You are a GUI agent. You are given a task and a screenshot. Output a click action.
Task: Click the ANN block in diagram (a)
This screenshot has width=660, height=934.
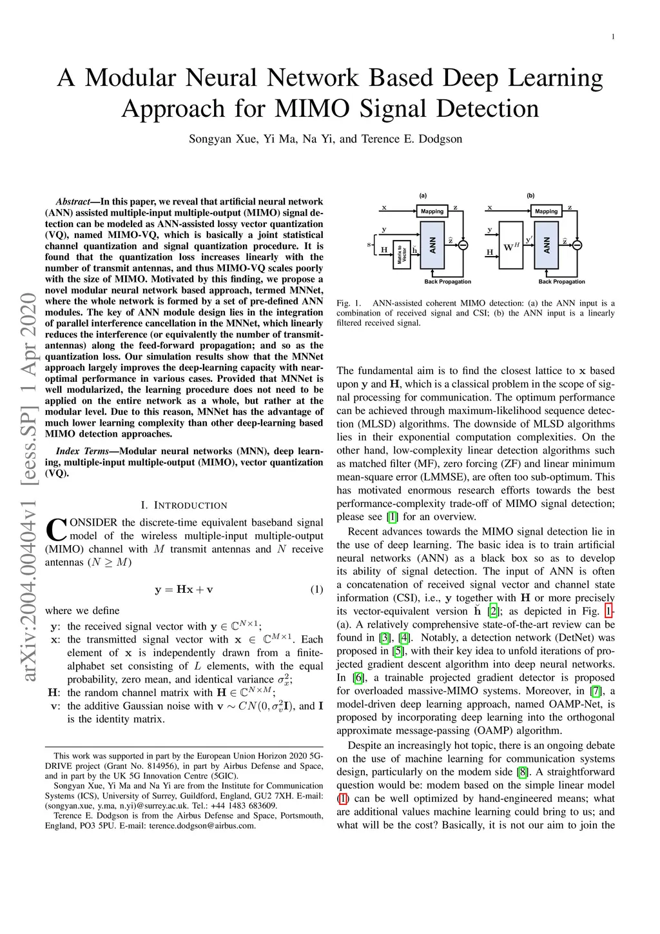[432, 245]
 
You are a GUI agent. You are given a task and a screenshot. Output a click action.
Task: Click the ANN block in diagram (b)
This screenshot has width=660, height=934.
[547, 245]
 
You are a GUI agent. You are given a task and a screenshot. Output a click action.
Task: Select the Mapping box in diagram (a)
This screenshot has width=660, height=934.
[432, 211]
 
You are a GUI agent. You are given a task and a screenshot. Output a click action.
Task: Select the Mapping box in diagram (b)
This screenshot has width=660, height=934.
[546, 211]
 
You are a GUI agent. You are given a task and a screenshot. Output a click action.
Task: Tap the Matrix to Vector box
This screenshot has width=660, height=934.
[401, 253]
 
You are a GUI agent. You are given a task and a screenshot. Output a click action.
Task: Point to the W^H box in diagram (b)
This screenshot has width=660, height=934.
[511, 246]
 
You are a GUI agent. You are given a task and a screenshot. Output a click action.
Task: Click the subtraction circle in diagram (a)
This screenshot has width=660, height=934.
[463, 245]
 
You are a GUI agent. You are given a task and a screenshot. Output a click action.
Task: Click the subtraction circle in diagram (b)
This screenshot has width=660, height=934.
[577, 245]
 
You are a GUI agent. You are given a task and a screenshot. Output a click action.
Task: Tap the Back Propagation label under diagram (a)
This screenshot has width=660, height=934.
[447, 282]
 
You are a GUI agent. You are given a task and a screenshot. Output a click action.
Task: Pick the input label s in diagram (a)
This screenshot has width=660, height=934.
[369, 244]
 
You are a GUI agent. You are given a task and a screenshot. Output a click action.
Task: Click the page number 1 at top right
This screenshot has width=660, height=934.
[613, 37]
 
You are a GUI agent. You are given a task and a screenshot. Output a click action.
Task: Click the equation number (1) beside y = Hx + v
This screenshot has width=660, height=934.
[316, 590]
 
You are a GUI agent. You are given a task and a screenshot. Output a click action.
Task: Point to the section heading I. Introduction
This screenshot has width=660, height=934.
[184, 505]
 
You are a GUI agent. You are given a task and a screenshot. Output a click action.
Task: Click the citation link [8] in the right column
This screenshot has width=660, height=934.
[523, 772]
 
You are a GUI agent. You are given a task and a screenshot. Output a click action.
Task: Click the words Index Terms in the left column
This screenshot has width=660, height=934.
[80, 452]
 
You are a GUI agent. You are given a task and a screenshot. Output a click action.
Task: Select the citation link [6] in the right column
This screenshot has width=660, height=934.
[358, 678]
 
